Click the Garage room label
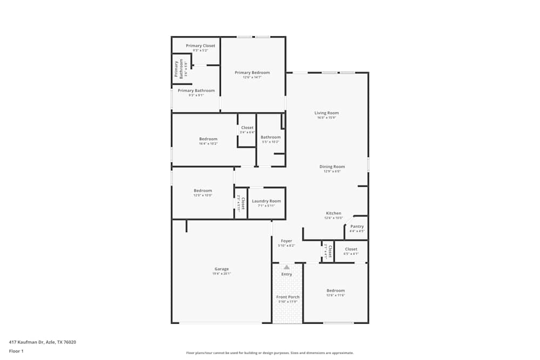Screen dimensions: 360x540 221,269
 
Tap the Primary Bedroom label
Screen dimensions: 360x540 252,72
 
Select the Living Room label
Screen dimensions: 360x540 327,113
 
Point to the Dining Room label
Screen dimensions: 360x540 332,167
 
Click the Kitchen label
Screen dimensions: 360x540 333,213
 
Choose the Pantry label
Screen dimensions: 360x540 357,226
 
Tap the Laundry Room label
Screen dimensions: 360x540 266,201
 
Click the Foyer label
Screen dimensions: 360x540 286,241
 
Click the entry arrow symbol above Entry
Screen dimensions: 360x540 286,267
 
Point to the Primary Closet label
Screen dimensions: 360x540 200,46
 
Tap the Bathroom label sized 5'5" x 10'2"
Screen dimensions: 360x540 271,137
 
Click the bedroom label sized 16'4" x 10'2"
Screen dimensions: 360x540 208,139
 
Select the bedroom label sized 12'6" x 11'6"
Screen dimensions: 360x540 335,290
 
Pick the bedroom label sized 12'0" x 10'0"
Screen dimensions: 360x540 203,191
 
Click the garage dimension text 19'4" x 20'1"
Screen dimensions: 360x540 221,274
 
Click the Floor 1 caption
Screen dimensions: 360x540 16,351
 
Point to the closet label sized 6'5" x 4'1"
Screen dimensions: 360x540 351,249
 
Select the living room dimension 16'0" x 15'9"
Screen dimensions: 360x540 327,118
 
